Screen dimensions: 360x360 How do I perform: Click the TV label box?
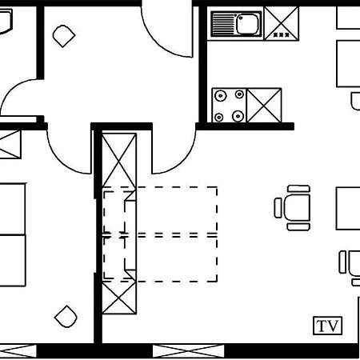[327, 326]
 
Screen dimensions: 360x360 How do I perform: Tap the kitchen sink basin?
[248, 24]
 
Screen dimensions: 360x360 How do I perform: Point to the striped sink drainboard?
[223, 24]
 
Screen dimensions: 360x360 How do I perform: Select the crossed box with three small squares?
[282, 23]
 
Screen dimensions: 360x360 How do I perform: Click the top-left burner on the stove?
[221, 96]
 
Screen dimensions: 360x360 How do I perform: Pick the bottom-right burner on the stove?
[238, 116]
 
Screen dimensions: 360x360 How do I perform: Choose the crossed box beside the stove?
[264, 106]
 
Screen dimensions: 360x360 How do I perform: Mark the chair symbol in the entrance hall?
[64, 36]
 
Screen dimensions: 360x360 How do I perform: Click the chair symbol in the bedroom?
[66, 317]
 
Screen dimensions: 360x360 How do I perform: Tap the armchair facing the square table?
[293, 207]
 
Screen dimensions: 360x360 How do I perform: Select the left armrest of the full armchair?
[278, 208]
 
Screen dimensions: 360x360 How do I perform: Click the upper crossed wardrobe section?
[119, 160]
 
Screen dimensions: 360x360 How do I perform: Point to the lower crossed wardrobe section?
[119, 298]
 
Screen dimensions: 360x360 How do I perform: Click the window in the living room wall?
[189, 351]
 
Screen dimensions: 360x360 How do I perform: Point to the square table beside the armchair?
[348, 208]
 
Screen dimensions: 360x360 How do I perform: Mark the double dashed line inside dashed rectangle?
[160, 235]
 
